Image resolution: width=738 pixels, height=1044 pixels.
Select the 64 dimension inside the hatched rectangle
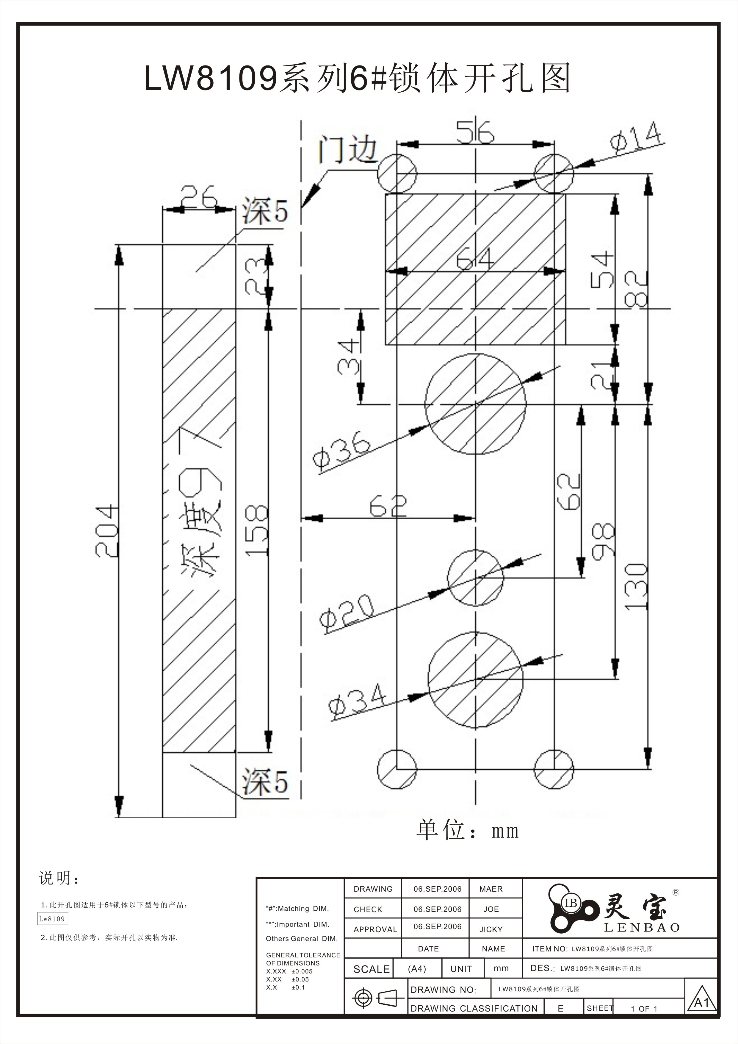pos(475,260)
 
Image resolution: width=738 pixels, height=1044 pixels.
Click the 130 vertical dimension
pos(636,587)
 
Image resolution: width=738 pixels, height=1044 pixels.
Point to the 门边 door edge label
pos(348,150)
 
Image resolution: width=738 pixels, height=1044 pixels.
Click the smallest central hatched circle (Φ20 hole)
pos(475,578)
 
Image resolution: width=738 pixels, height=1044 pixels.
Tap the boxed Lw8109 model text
pos(52,919)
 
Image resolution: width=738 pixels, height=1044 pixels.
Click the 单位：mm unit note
pos(467,831)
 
